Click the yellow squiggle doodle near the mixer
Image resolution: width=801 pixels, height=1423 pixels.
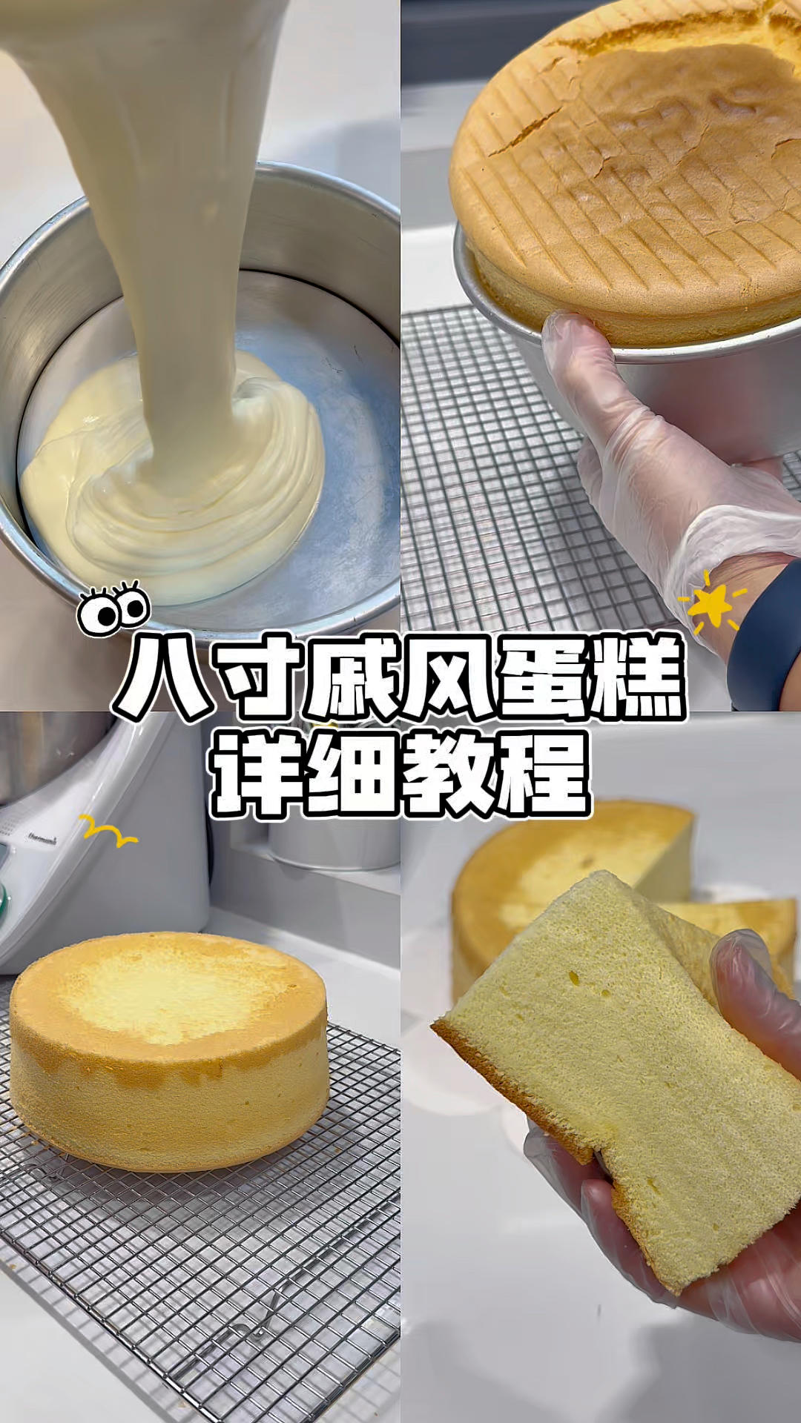click(108, 832)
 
